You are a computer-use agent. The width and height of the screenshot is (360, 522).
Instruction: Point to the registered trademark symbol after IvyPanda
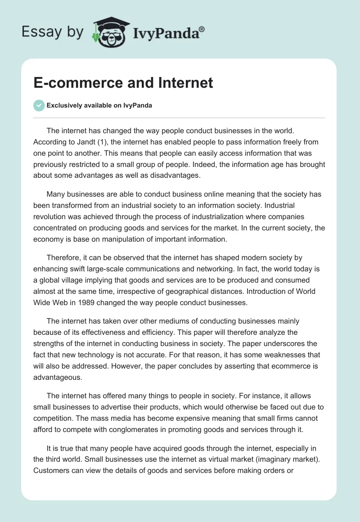(x=202, y=29)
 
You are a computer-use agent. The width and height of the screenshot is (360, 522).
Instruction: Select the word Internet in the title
(x=184, y=83)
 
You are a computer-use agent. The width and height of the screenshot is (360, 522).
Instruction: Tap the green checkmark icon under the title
(x=39, y=105)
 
